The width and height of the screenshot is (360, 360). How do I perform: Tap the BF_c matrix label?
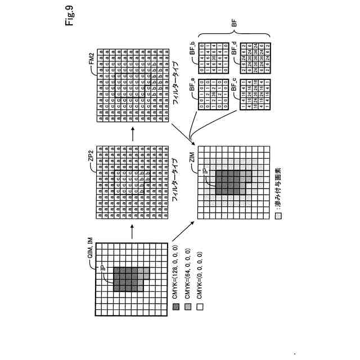click(x=232, y=85)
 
